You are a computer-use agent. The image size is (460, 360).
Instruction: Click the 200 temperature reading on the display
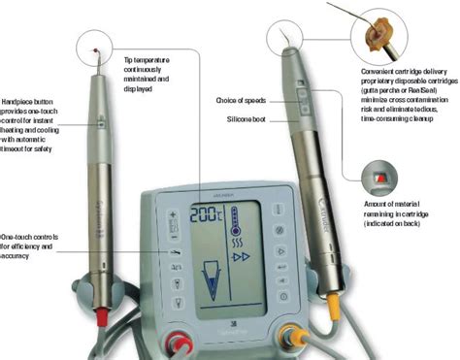(206, 214)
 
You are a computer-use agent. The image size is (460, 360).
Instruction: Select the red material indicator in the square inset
(378, 180)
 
